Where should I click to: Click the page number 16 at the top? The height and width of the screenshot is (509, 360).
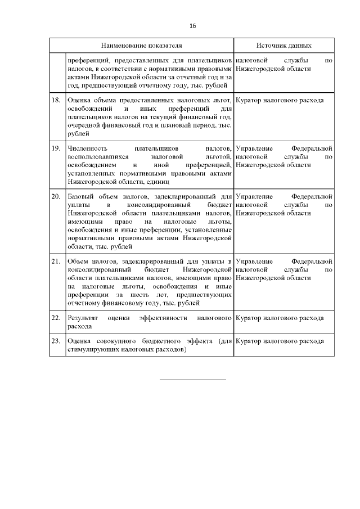(192, 26)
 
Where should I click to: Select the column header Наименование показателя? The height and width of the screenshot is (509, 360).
(141, 45)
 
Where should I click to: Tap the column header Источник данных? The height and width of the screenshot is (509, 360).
(283, 45)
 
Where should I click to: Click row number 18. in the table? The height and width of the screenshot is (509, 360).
(56, 100)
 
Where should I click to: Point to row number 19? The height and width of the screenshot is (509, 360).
(56, 148)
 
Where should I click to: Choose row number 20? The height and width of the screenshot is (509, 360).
(56, 197)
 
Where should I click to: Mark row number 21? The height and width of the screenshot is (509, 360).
(56, 262)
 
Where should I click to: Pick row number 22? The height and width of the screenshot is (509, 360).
(56, 318)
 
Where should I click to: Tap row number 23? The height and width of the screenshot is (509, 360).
(56, 341)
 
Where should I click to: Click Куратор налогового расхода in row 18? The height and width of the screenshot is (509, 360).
(280, 100)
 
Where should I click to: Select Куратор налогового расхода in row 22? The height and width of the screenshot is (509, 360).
(280, 318)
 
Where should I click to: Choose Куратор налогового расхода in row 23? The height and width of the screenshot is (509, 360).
(280, 341)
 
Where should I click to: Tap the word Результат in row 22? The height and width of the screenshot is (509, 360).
(83, 318)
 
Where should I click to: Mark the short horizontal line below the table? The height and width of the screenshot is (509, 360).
(192, 379)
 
